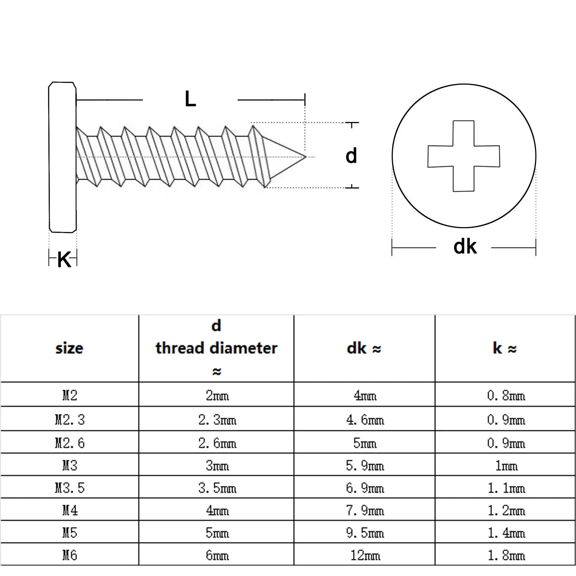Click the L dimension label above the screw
[190, 99]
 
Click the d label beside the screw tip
[351, 156]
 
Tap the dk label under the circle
[465, 247]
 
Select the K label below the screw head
[64, 259]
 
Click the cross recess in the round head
[464, 156]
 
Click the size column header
[69, 348]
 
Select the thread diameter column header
[216, 348]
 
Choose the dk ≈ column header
[364, 348]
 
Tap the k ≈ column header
[505, 348]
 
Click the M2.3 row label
[70, 419]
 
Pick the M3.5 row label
[70, 488]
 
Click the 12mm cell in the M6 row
[365, 555]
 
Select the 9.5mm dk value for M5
[365, 533]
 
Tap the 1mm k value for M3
[506, 465]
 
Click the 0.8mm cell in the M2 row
[506, 396]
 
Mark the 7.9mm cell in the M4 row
[365, 510]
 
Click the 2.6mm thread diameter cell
[217, 443]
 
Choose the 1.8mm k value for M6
[506, 555]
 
